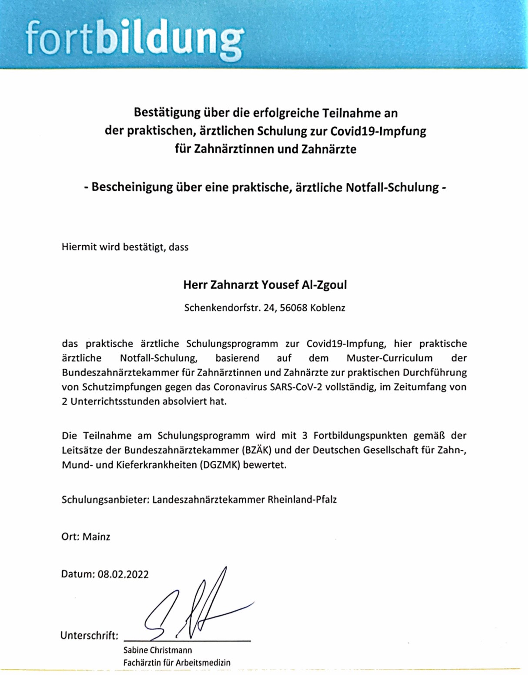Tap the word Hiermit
point(79,247)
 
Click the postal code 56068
point(294,308)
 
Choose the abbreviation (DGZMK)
point(220,464)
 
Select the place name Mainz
point(96,537)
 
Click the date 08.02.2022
point(123,574)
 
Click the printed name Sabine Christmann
point(157,650)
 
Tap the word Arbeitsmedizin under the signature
point(203,663)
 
